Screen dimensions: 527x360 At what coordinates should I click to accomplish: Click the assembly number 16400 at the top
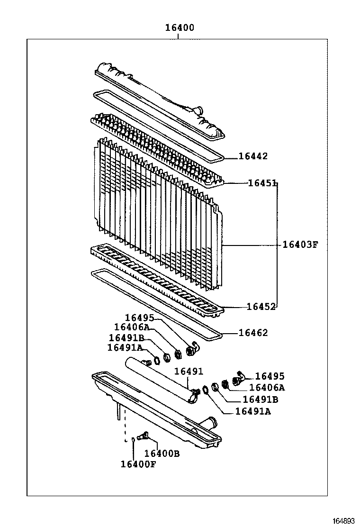(180, 28)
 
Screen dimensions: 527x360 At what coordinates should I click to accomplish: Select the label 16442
(253, 156)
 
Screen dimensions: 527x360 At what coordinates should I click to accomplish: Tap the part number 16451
(262, 183)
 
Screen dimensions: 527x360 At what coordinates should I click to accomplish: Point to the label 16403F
(299, 245)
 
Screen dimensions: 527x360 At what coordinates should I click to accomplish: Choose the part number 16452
(261, 307)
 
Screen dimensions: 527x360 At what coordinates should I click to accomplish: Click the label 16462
(253, 333)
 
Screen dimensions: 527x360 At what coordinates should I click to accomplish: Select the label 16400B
(162, 454)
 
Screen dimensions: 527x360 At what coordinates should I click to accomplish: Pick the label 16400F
(138, 464)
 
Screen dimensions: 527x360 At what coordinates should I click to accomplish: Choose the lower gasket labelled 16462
(156, 303)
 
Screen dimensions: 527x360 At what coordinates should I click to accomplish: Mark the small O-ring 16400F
(133, 440)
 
